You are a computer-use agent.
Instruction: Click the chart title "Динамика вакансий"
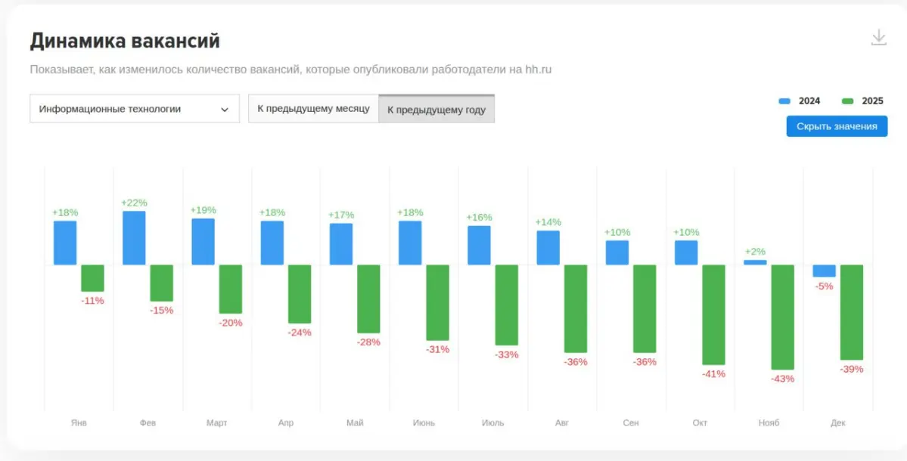click(125, 41)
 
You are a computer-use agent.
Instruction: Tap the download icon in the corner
click(878, 37)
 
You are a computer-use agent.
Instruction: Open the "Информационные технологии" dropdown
click(134, 109)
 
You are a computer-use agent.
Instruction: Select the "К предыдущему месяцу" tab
click(313, 109)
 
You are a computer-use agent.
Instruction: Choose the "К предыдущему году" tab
click(436, 110)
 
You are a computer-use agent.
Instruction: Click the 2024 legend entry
click(800, 101)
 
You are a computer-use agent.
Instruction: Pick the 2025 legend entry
click(863, 101)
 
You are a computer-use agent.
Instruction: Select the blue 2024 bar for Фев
click(134, 238)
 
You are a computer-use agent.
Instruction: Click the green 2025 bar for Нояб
click(782, 317)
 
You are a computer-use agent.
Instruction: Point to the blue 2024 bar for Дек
click(824, 271)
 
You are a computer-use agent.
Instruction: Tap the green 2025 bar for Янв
click(93, 278)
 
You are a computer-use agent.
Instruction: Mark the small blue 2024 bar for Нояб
click(755, 262)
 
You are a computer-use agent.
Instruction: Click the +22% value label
click(134, 203)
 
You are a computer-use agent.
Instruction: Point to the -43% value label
click(782, 379)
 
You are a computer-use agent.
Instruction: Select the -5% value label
click(824, 286)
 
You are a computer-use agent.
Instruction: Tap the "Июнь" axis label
click(424, 422)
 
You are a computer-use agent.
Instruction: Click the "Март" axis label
click(216, 422)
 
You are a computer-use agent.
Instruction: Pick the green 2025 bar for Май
click(368, 299)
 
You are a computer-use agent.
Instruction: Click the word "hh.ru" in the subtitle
click(539, 70)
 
